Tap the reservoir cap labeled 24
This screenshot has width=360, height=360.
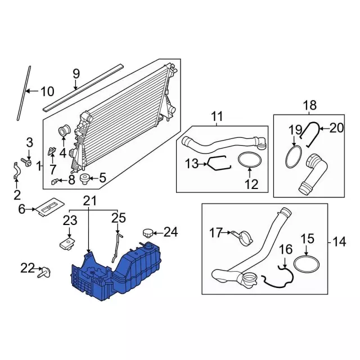(148, 233)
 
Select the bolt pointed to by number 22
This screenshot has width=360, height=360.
(46, 272)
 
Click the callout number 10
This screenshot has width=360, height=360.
(47, 91)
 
